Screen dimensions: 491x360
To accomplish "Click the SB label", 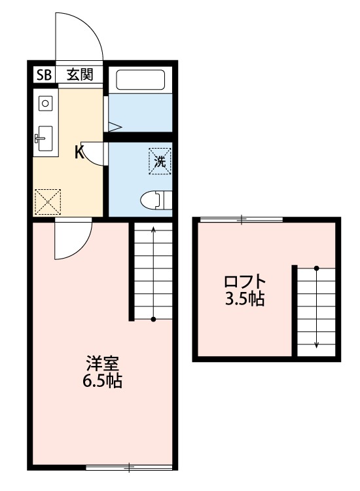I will pyautogui.click(x=44, y=75).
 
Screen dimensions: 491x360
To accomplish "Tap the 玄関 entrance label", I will pyautogui.click(x=79, y=75).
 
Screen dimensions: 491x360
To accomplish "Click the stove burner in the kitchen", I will pyautogui.click(x=45, y=103).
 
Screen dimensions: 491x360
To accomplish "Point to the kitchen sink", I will pyautogui.click(x=45, y=138).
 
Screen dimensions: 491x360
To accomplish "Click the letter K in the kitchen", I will pyautogui.click(x=79, y=153).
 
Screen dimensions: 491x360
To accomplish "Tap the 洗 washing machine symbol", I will pyautogui.click(x=160, y=160).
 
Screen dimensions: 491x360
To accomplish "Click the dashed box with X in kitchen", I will pyautogui.click(x=47, y=201).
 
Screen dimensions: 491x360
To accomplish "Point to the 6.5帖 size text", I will pyautogui.click(x=101, y=381).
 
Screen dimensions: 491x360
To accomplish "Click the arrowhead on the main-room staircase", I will pyautogui.click(x=153, y=230).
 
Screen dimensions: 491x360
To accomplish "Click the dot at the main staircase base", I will pyautogui.click(x=153, y=319).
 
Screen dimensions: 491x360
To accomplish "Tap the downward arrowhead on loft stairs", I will pyautogui.click(x=317, y=344).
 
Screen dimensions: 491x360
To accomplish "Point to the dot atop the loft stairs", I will pyautogui.click(x=317, y=268).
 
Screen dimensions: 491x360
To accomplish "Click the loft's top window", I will pyautogui.click(x=241, y=219).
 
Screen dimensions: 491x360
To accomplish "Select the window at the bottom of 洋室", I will pyautogui.click(x=129, y=467).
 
